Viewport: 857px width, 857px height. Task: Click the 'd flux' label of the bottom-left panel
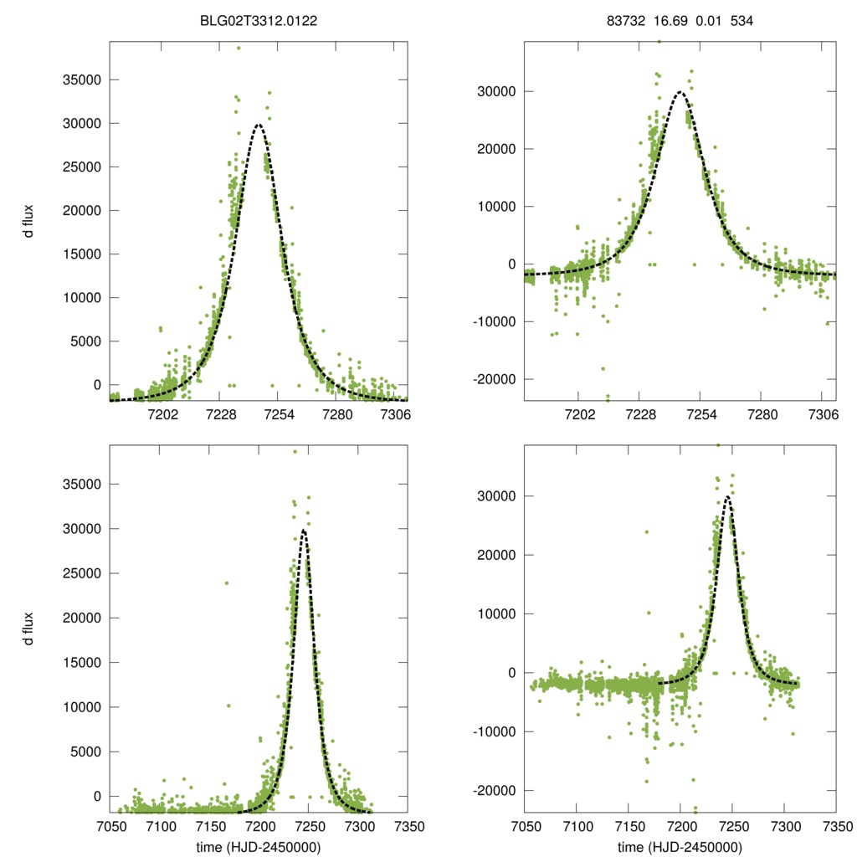[x=29, y=628]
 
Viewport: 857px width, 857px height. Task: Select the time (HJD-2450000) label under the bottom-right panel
[x=680, y=846]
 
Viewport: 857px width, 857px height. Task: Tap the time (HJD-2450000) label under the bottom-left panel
[x=259, y=846]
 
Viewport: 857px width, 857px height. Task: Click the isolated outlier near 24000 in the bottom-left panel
[x=226, y=582]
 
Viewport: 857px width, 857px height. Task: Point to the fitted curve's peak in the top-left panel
[x=259, y=125]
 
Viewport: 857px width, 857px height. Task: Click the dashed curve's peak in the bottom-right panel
[x=728, y=497]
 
